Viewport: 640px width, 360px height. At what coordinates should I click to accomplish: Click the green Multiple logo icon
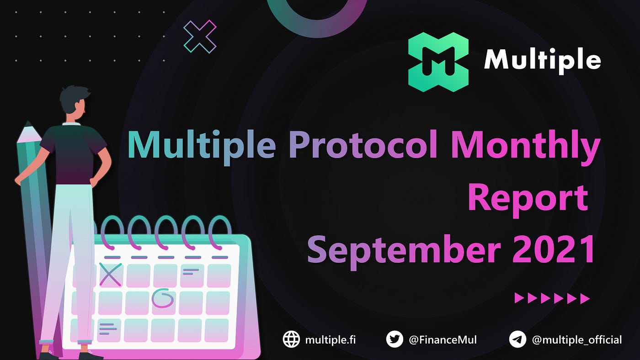tap(438, 62)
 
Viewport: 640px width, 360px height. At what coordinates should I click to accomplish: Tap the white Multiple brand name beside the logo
tap(542, 61)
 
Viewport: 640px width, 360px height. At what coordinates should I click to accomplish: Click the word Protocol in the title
tap(363, 144)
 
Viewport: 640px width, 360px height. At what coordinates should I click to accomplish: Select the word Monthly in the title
tap(526, 147)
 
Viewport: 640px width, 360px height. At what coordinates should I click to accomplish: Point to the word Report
tap(528, 200)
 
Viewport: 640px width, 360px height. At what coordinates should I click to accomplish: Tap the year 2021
tap(554, 249)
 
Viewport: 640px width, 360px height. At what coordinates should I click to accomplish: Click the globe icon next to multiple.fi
tap(291, 339)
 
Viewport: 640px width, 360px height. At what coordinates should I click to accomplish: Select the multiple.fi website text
tap(330, 340)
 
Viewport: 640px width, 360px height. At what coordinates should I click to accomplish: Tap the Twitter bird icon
tap(395, 339)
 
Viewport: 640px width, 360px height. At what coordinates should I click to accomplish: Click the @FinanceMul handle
tap(443, 340)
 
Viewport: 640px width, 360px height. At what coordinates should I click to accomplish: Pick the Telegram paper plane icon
tap(517, 339)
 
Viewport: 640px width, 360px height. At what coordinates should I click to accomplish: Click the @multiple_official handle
tap(576, 340)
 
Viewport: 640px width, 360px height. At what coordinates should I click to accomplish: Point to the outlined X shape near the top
tap(200, 37)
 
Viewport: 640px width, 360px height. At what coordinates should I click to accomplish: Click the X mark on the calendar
tap(110, 275)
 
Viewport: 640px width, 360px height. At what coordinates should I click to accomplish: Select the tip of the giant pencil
tap(28, 121)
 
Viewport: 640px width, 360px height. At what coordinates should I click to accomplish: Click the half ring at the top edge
tap(316, 27)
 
